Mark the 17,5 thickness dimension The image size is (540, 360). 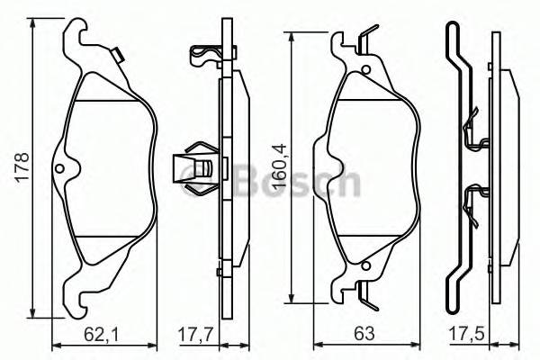click(464, 334)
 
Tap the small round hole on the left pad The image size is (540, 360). click(60, 169)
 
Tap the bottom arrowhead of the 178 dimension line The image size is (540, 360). click(34, 316)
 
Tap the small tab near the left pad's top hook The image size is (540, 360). click(119, 56)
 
